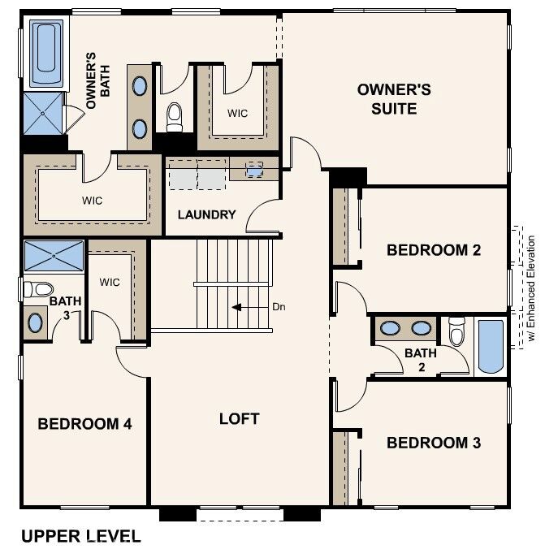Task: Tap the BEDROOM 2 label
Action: (433, 249)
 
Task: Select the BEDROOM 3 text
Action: (433, 443)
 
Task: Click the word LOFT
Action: (239, 418)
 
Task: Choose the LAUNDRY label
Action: (206, 215)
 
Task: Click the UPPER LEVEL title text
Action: (80, 536)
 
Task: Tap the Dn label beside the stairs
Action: (279, 307)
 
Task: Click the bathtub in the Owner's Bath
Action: (46, 54)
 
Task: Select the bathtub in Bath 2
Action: (491, 347)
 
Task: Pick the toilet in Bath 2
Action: (457, 331)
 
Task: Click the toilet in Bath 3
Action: (37, 288)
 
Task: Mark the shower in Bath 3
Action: (54, 255)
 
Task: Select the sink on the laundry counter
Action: (255, 171)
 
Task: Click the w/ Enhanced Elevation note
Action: (531, 288)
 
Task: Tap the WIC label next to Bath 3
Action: (110, 283)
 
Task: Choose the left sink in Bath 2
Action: (391, 329)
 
